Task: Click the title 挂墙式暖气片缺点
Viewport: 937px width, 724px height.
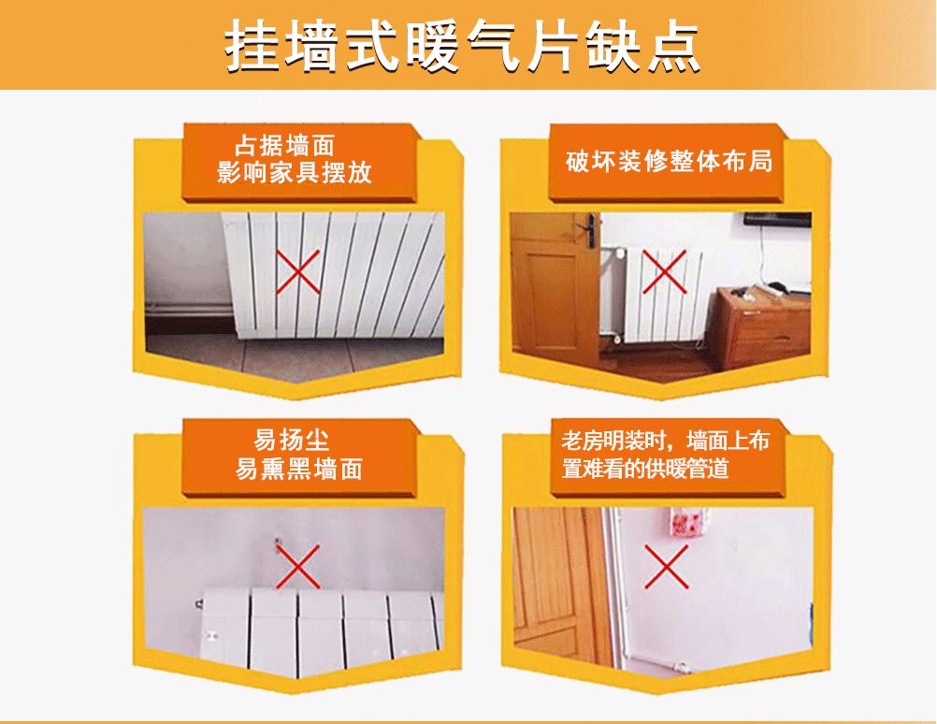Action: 462,45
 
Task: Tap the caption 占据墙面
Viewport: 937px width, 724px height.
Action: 284,146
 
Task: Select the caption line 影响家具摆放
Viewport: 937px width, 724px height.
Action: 295,172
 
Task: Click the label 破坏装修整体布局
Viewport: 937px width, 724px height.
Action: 670,160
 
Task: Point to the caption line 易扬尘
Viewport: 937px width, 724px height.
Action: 292,440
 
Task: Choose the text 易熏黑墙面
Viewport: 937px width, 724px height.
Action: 298,468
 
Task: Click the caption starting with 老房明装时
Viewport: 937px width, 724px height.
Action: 665,441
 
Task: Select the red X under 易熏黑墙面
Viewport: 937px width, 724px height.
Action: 297,567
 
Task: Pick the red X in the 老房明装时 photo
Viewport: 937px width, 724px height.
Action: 666,567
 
